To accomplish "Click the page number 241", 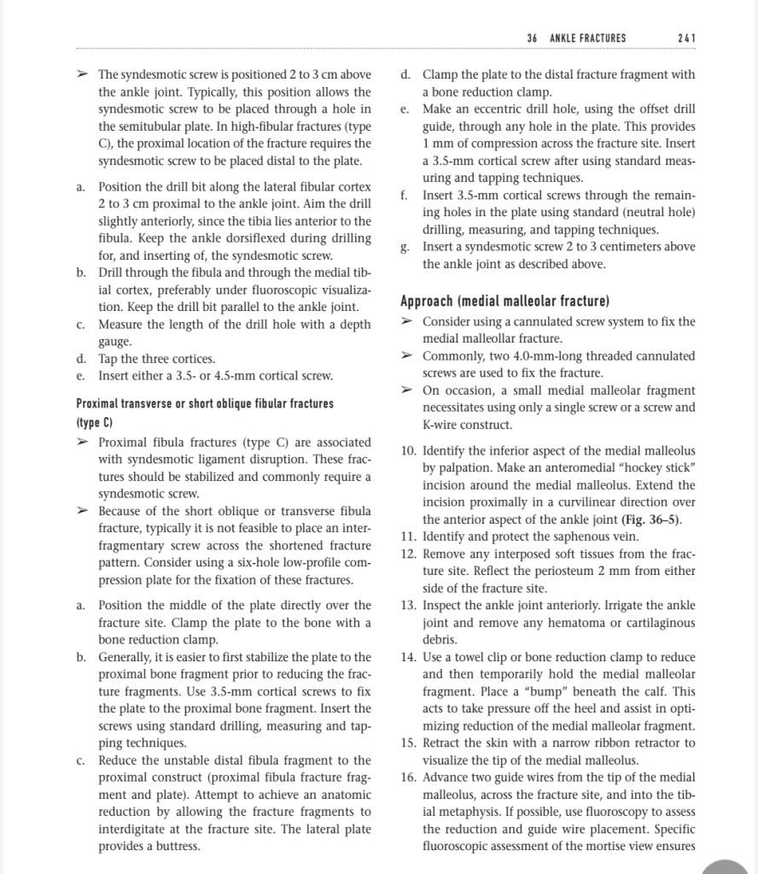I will [x=685, y=38].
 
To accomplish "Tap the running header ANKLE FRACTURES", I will [x=588, y=38].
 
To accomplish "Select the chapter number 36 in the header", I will [x=533, y=38].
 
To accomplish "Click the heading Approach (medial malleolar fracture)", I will [x=504, y=302].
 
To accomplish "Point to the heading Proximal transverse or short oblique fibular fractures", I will [x=205, y=403].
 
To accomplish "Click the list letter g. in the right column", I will [x=405, y=247].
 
